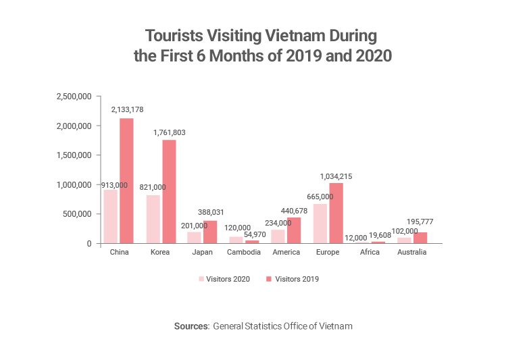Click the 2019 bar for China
(126, 181)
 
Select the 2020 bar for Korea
(153, 219)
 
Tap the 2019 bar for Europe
(336, 213)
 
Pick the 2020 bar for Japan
(194, 237)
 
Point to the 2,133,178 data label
(127, 109)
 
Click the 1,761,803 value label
(169, 132)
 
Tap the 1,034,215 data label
(336, 176)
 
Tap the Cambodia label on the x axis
(244, 252)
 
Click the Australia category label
(411, 252)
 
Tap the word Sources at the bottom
(191, 326)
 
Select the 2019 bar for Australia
(420, 238)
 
